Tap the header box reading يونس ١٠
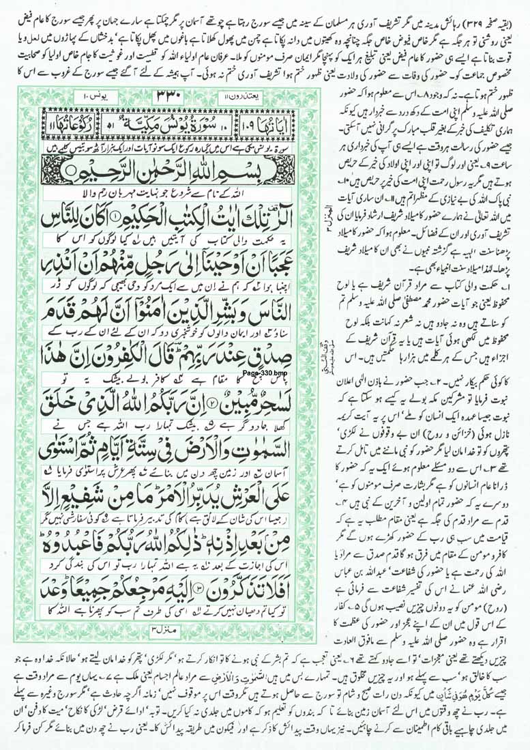(x=62, y=94)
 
